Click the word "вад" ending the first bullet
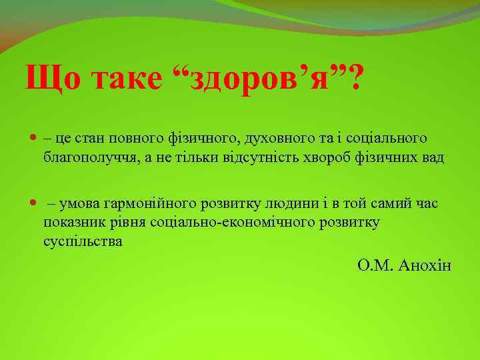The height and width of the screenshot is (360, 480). [x=431, y=159]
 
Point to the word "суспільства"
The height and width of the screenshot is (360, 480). [x=83, y=241]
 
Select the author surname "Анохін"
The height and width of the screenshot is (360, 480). [x=425, y=266]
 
